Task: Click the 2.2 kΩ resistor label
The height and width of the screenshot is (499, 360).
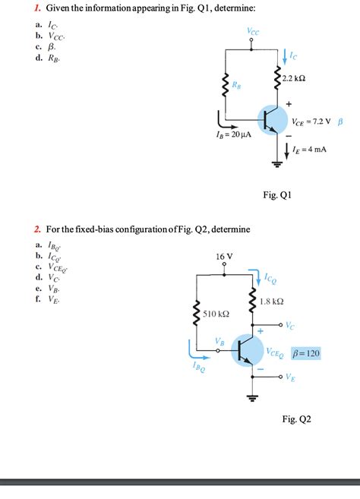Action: pyautogui.click(x=293, y=80)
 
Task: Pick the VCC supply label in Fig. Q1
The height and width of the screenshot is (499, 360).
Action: pyautogui.click(x=252, y=31)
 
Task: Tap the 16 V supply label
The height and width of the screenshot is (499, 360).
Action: pyautogui.click(x=225, y=257)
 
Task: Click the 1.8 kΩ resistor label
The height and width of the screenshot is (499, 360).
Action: pyautogui.click(x=271, y=302)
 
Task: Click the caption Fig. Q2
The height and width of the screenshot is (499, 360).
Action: pyautogui.click(x=297, y=418)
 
